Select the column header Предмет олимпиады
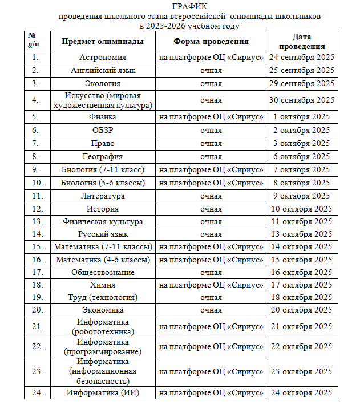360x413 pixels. tap(103, 42)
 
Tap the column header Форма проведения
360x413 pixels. tap(211, 42)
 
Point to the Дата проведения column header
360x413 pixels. tap(301, 42)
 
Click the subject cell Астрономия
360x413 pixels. tap(103, 58)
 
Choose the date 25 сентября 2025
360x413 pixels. tap(301, 70)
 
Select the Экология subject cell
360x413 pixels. tap(103, 83)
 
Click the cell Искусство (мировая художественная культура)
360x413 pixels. tap(103, 100)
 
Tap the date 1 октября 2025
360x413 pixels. tap(301, 117)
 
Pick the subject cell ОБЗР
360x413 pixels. tap(103, 130)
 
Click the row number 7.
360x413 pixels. tap(35, 143)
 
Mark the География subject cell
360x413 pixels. tap(103, 156)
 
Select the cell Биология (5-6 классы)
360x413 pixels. tap(103, 183)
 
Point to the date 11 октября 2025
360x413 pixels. tap(301, 221)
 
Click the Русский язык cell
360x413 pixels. tap(103, 234)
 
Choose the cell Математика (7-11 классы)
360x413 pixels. tap(103, 247)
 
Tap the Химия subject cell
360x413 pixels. tap(103, 285)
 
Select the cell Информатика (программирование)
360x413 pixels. tap(103, 347)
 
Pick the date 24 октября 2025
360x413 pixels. tap(301, 393)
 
